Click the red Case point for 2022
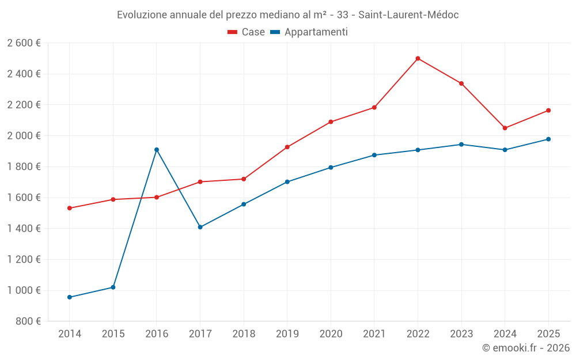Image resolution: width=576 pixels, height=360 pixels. tap(418, 58)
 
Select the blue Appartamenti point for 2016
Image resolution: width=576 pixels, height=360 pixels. tap(157, 150)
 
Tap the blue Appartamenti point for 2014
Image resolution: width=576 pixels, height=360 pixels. tap(70, 297)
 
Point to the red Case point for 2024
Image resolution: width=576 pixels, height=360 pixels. tap(505, 128)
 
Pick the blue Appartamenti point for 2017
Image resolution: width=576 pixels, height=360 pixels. tap(200, 227)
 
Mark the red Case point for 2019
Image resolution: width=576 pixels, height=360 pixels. tap(287, 147)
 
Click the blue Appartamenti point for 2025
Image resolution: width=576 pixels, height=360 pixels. tap(548, 139)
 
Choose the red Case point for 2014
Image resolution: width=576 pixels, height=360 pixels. tap(70, 208)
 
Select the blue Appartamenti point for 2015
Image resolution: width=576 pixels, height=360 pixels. tap(113, 287)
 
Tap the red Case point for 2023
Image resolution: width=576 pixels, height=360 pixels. tap(461, 84)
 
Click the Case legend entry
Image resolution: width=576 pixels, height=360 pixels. tap(247, 32)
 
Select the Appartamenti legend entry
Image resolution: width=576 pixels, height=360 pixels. tap(309, 32)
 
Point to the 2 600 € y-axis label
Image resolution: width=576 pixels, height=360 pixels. tap(24, 43)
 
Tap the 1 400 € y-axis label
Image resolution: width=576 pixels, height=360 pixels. tap(24, 229)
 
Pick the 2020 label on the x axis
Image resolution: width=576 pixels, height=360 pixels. tap(331, 334)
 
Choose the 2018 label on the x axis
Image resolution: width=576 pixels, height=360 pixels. tap(244, 334)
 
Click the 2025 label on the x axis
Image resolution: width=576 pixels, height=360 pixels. tap(548, 334)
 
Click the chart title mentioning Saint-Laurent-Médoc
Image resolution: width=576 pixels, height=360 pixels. tap(288, 15)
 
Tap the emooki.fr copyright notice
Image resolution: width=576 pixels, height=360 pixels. tap(526, 348)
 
